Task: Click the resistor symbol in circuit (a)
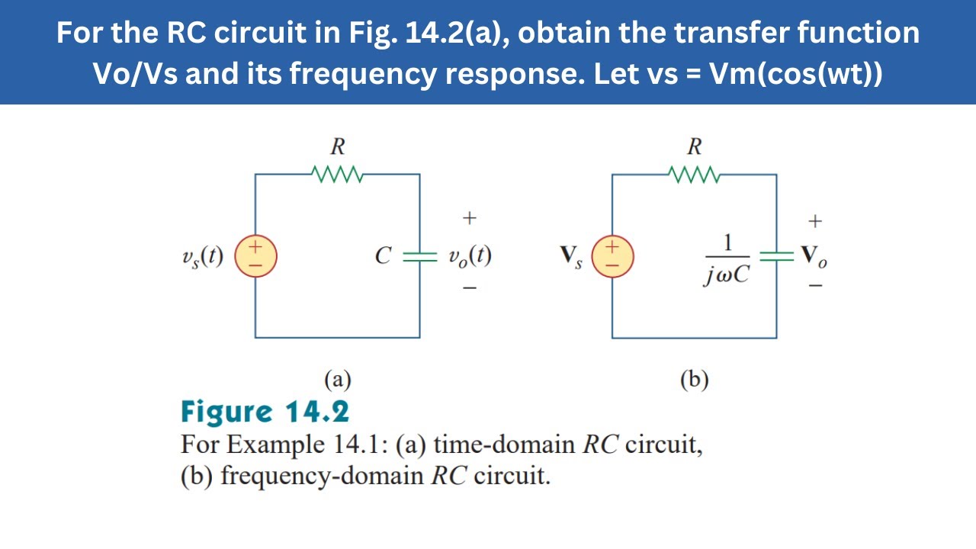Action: click(337, 175)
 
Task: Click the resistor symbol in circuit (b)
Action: click(694, 175)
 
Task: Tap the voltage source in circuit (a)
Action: click(255, 256)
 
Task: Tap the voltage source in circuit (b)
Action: click(612, 256)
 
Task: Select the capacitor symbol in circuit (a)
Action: click(419, 256)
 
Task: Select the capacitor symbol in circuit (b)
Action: click(776, 256)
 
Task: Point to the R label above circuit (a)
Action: click(338, 146)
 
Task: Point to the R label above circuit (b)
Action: click(695, 146)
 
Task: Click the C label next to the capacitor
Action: click(383, 255)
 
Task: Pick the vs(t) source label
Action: click(203, 257)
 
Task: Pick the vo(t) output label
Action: click(470, 256)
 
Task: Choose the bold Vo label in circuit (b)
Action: click(814, 257)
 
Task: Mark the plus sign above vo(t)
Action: click(469, 217)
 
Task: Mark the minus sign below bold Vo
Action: click(815, 286)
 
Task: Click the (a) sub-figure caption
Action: click(338, 380)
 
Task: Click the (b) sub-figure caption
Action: click(695, 380)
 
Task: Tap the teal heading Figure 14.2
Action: click(265, 413)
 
